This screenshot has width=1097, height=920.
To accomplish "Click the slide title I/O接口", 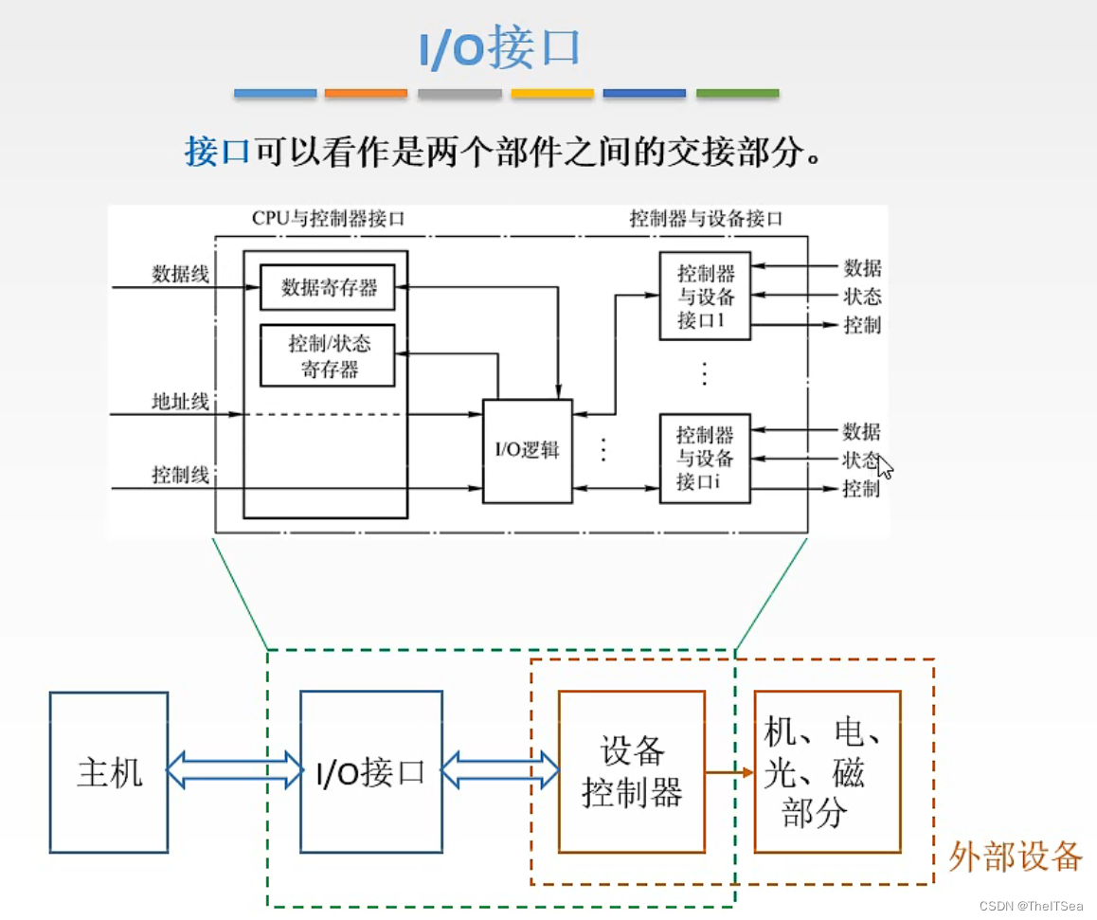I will (x=499, y=48).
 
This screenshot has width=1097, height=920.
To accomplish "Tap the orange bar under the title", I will (x=366, y=94).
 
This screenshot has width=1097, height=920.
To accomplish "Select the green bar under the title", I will (x=737, y=94).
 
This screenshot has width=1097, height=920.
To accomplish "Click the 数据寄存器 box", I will (x=328, y=287).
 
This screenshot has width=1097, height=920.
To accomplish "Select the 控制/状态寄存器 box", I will (x=328, y=356).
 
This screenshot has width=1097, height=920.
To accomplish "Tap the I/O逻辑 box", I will (x=528, y=450).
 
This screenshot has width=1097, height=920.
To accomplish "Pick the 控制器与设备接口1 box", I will (x=705, y=297).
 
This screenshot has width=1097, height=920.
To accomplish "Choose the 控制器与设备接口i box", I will (x=705, y=458).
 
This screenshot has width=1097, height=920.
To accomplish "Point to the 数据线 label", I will (x=180, y=274).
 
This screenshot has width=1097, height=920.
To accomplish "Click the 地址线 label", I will (x=180, y=401).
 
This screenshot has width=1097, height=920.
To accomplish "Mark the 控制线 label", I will (x=180, y=475).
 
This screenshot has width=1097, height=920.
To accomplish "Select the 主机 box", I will (x=109, y=772).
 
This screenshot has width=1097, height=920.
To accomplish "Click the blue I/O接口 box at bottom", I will (x=370, y=772).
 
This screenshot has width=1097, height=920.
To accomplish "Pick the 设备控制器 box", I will (x=632, y=772).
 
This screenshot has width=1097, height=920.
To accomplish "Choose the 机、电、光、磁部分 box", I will (x=827, y=772).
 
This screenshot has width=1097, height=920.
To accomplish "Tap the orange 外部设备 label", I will (x=1015, y=856).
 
